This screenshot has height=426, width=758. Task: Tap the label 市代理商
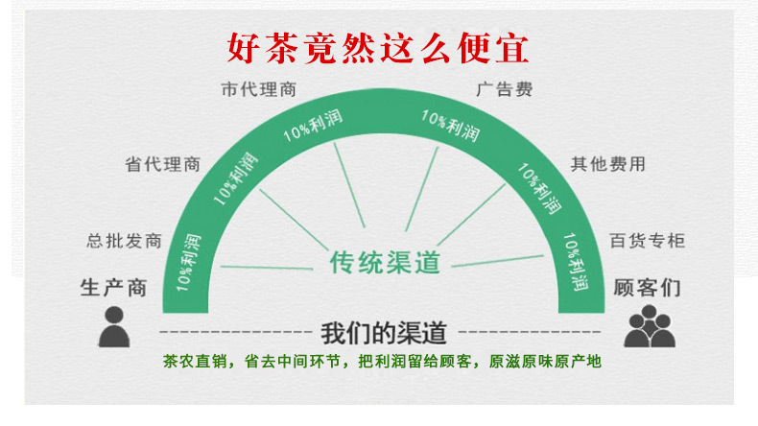(258, 89)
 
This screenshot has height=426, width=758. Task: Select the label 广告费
(504, 89)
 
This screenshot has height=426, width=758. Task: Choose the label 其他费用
(607, 164)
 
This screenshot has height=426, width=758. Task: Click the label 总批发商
(123, 240)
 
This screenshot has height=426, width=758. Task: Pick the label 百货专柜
(648, 240)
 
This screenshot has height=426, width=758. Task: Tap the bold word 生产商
(114, 286)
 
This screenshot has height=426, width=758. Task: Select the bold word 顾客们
(649, 286)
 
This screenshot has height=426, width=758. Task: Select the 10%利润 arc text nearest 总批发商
(188, 260)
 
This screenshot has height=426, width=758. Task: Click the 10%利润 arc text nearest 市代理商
(314, 124)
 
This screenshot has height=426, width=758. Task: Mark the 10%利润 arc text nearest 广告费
(451, 126)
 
